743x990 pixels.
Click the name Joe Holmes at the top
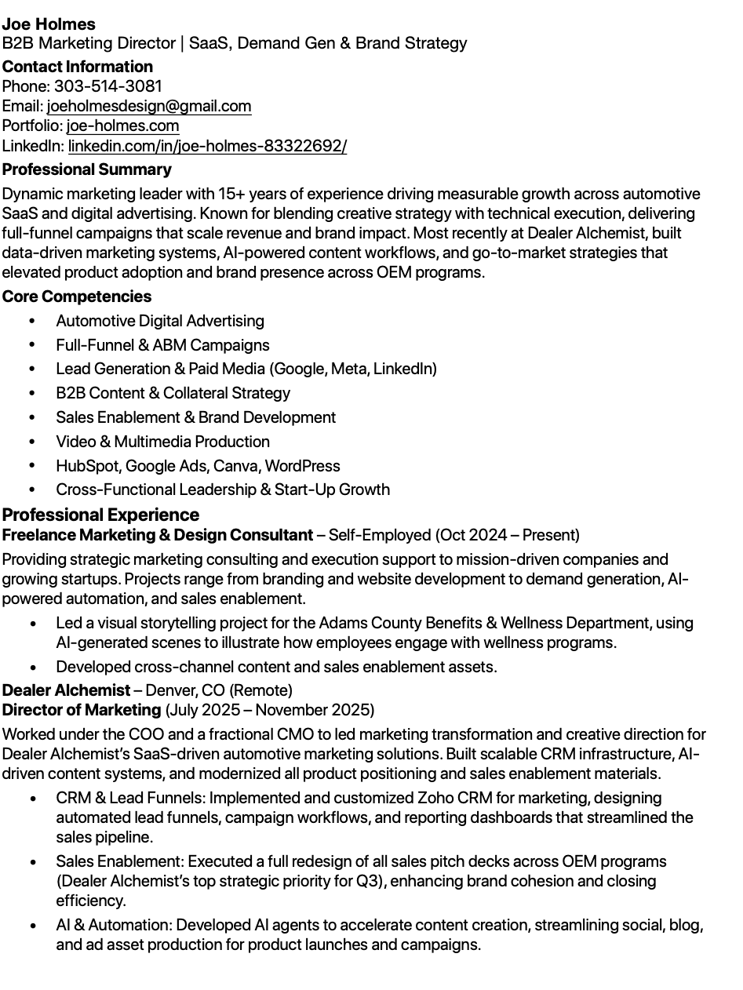coord(49,24)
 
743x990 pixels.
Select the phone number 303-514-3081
coord(107,86)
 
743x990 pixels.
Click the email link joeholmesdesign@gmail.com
coord(149,106)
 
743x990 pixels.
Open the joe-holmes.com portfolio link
coord(122,126)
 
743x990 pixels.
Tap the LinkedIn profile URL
coord(207,146)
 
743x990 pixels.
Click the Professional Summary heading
coord(86,169)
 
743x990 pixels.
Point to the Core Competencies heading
coord(76,297)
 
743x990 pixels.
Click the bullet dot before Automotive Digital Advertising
coord(32,322)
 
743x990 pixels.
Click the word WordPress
coord(302,466)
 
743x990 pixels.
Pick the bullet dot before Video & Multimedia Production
coord(32,442)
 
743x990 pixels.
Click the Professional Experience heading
coord(100,515)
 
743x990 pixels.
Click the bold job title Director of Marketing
coord(81,710)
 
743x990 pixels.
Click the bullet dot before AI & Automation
coord(32,926)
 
